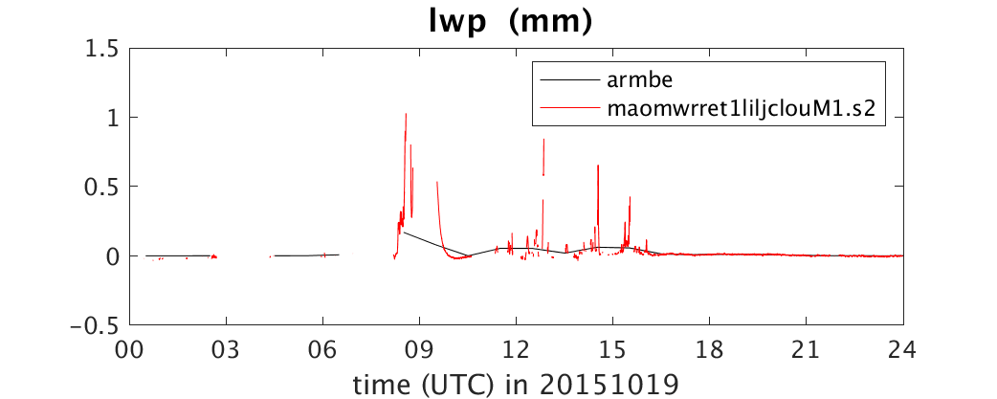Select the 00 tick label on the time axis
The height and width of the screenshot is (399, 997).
pos(130,349)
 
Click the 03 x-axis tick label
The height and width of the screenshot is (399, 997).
pos(227,349)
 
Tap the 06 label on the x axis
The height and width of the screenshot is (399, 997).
pos(323,349)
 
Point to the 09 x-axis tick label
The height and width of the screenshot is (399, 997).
pos(420,349)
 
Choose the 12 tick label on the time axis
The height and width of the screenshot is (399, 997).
pos(517,349)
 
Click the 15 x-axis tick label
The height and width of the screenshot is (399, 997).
pos(613,349)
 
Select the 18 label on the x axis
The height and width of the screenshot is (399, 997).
pos(710,349)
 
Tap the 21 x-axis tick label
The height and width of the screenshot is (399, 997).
pos(807,349)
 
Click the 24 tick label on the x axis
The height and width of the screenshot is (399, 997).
pos(903,349)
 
